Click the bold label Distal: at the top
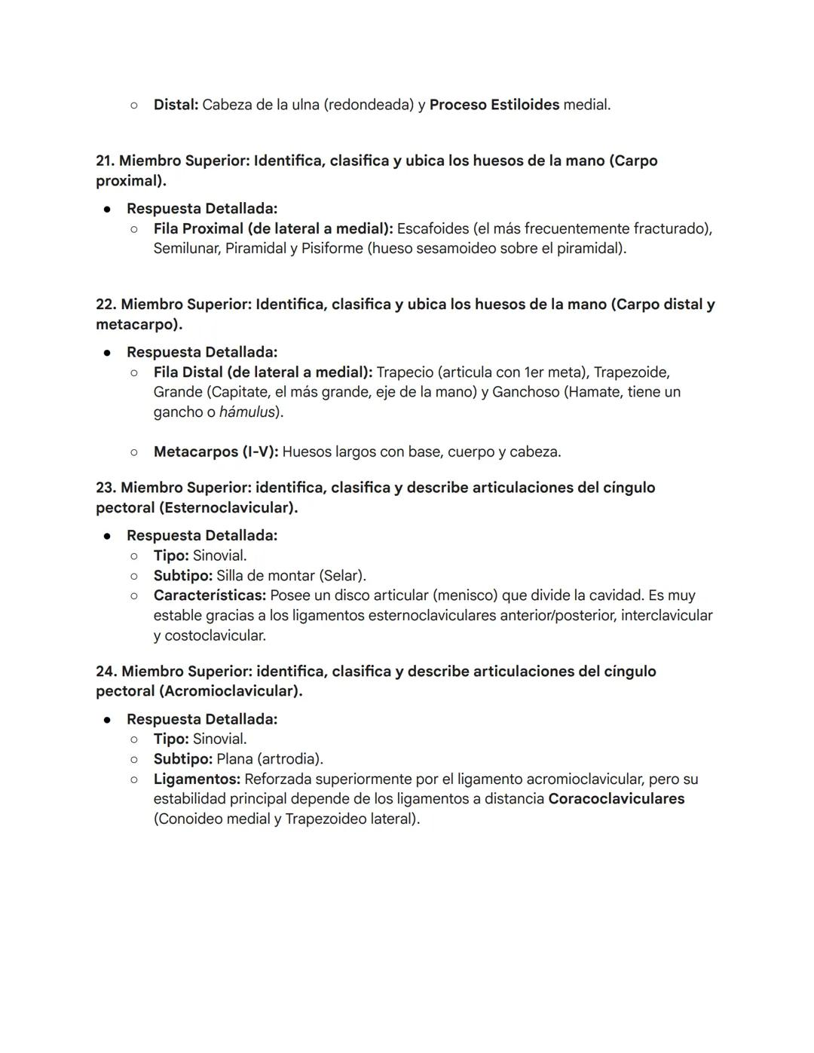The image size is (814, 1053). [176, 105]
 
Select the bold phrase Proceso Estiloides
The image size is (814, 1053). [494, 105]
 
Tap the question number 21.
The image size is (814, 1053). [105, 161]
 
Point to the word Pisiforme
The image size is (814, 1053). [332, 248]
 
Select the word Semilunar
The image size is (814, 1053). [186, 248]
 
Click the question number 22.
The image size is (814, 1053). [106, 305]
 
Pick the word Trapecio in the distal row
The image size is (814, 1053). [404, 372]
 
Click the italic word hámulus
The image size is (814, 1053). [246, 412]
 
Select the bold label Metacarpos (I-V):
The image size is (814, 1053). [216, 452]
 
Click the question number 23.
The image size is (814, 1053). [106, 488]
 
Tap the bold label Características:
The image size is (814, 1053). [210, 595]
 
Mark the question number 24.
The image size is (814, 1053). [106, 672]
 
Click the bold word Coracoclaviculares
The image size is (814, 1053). [616, 799]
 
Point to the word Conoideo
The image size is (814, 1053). [188, 819]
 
